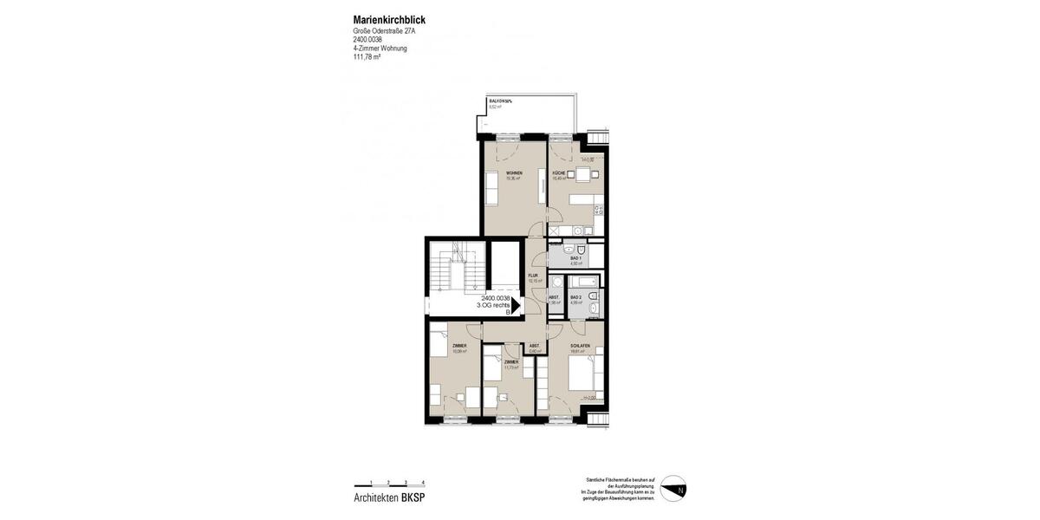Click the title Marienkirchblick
[389, 20]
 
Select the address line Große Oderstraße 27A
[384, 31]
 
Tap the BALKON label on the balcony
[501, 101]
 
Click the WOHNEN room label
[514, 173]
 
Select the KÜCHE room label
[559, 173]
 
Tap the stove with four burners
[599, 209]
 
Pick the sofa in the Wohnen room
[491, 188]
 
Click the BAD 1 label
[575, 257]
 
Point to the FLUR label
[534, 276]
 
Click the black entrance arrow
[516, 305]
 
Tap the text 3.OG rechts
[493, 305]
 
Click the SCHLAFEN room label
[580, 346]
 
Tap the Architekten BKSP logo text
[389, 497]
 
